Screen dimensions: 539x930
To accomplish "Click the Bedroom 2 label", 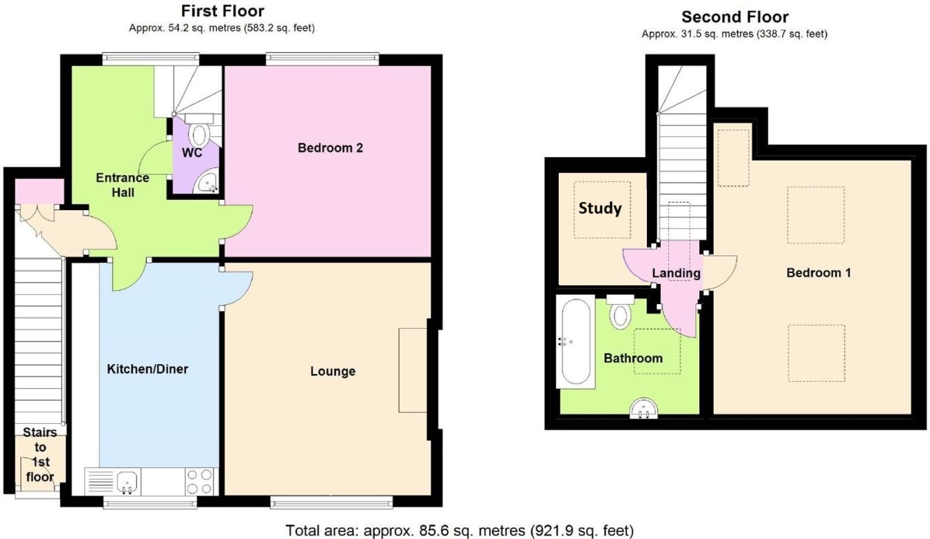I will coord(330,148).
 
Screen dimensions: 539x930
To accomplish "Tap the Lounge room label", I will coord(333,372).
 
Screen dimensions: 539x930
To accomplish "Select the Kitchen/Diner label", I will coord(147,369).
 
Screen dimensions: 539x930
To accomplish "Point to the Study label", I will coord(600,208).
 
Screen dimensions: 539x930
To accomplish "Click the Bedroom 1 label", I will coord(818,273).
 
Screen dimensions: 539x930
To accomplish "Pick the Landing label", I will coord(676,274).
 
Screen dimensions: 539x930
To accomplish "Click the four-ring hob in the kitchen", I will coord(200,481).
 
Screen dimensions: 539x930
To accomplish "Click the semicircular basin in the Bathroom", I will coord(643,410).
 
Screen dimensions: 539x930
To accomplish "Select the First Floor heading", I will coord(222,11).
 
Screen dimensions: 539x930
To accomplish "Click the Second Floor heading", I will coord(734,17).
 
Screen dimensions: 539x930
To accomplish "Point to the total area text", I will coord(459,531).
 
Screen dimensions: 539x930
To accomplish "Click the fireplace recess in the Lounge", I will coord(413,370).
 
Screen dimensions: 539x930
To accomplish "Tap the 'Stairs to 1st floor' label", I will coord(40,454).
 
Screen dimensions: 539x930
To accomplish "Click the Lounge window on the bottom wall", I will coord(331,502).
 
